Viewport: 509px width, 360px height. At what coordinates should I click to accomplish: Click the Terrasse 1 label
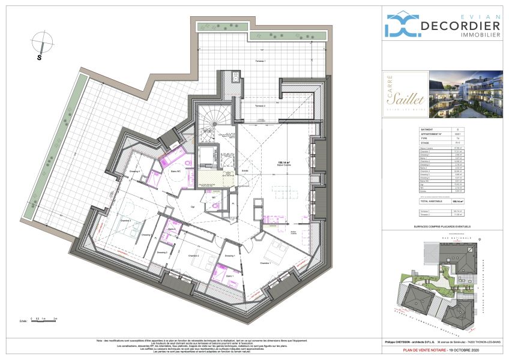260,62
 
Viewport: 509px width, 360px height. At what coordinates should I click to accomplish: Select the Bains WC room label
176,172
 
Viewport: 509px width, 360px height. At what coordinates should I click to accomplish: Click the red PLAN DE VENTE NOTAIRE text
442,349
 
